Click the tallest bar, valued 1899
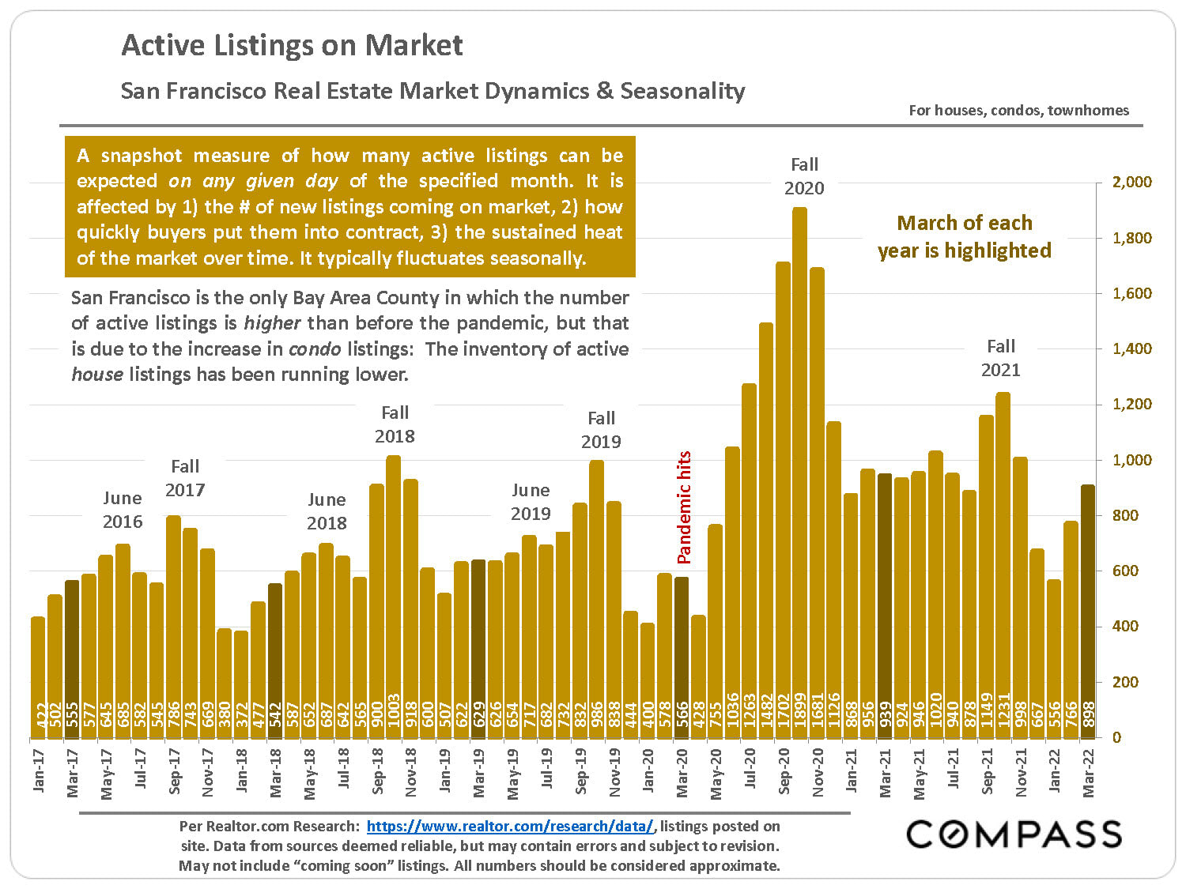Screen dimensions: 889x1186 pyautogui.click(x=799, y=474)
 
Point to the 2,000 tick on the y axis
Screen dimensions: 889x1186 pyautogui.click(x=1132, y=183)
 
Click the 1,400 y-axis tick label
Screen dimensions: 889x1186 pyautogui.click(x=1132, y=348)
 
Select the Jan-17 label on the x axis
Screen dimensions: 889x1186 pyautogui.click(x=39, y=770)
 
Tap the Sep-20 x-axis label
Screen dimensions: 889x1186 pyautogui.click(x=784, y=770)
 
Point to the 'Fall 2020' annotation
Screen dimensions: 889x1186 pyautogui.click(x=804, y=176)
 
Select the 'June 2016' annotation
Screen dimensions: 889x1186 pyautogui.click(x=123, y=510)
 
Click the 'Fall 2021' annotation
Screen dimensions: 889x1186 pyautogui.click(x=1000, y=358)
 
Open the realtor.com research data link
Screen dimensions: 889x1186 pyautogui.click(x=510, y=827)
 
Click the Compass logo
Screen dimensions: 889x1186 pyautogui.click(x=1014, y=834)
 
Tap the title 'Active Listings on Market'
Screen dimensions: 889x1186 pyautogui.click(x=292, y=45)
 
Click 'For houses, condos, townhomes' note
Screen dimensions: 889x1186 pyautogui.click(x=1018, y=111)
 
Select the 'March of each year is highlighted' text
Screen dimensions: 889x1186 pyautogui.click(x=964, y=237)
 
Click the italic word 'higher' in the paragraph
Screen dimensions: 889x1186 pyautogui.click(x=272, y=323)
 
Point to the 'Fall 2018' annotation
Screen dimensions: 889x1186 pyautogui.click(x=395, y=424)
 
